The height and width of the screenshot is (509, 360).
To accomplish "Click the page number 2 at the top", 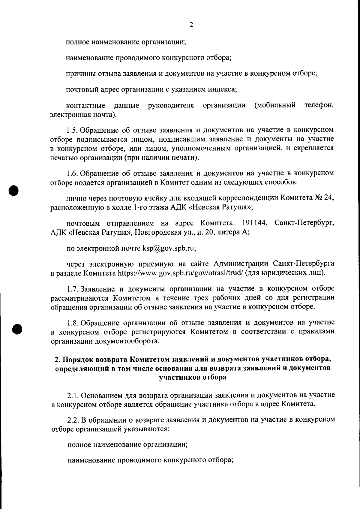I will [x=191, y=25].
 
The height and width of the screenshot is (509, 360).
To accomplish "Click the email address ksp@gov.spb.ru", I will [x=169, y=248].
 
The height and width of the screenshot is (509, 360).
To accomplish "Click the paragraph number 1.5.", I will [x=72, y=130].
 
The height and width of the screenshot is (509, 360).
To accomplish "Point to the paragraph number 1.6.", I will [x=72, y=173].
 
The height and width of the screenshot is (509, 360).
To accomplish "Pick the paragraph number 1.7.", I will [x=72, y=289].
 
